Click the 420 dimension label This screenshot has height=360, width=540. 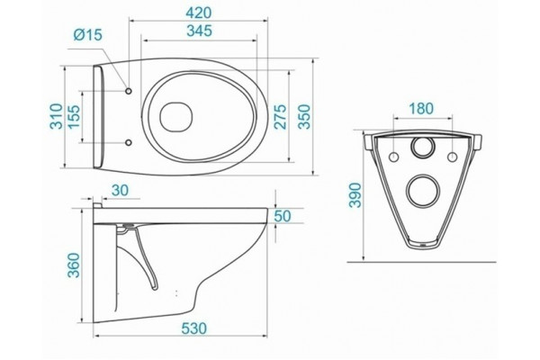point(198,13)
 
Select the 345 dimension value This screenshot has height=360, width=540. point(199,31)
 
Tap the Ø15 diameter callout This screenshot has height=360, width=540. point(88,35)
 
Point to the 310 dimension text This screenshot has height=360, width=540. point(57,116)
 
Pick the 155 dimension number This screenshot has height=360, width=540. point(74,116)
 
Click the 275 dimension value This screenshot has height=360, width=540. point(280,116)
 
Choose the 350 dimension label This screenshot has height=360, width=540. point(304,116)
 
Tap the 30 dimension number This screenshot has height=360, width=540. point(120,190)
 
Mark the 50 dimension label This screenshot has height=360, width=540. point(283,216)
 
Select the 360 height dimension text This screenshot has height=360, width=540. point(74,265)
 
